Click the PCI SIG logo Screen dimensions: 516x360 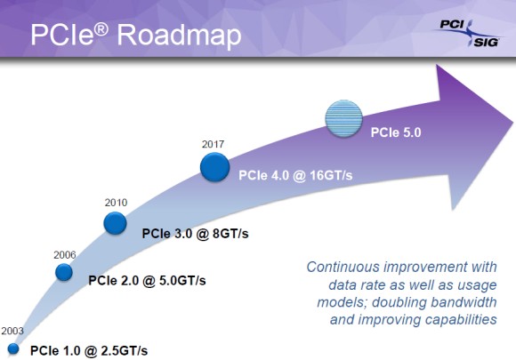(468, 33)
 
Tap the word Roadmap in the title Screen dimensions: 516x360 (180, 35)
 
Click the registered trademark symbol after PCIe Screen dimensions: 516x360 (101, 29)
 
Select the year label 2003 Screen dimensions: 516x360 (12, 331)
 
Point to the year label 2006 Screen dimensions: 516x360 (64, 255)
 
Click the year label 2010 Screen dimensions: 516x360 (116, 202)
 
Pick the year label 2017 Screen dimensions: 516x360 (213, 144)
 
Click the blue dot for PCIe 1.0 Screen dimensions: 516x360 (13, 348)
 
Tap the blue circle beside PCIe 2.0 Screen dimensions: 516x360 (64, 272)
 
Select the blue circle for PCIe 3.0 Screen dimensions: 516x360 (115, 223)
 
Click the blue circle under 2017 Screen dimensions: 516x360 (215, 167)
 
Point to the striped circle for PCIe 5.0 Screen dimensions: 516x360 (344, 118)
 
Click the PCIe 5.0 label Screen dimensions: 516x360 (396, 132)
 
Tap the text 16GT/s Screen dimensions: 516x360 (331, 176)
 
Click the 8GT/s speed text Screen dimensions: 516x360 (230, 234)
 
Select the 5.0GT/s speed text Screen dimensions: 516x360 (182, 281)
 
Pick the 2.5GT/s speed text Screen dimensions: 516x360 (125, 351)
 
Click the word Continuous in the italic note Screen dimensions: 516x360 (343, 267)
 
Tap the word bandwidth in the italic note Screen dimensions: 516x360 (464, 302)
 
